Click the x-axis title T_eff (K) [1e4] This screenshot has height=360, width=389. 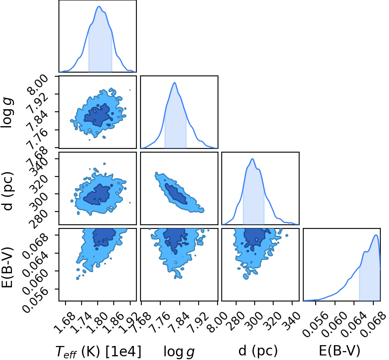click(98, 351)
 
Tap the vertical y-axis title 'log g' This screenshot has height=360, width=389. click(7, 113)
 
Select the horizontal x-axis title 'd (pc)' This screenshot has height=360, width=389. click(258, 351)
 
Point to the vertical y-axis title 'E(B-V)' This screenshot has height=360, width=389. click(7, 267)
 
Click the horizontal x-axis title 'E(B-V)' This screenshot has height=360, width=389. click(339, 351)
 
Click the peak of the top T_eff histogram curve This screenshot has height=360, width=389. click(99, 7)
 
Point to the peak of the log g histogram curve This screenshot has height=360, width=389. click(175, 82)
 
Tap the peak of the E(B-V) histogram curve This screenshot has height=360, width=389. click(376, 235)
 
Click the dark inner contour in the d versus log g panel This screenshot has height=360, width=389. click(176, 194)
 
